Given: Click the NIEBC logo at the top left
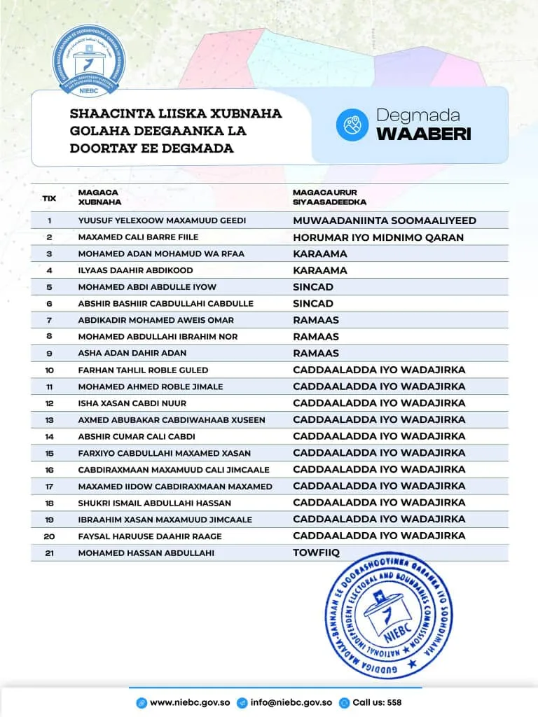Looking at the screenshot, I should (86, 62).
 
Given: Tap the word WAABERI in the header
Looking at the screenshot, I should (423, 134).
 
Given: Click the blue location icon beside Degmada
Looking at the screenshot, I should (352, 125).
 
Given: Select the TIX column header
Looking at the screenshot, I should (49, 198).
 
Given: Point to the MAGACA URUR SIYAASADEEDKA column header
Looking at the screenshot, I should (329, 197).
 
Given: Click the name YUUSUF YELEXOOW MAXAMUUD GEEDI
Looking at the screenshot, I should (162, 221).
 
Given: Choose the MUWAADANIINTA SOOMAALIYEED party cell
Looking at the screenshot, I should (384, 221).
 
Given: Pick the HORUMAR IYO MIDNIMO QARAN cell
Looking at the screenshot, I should (378, 237).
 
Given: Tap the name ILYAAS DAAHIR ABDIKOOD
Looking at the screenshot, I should (135, 270).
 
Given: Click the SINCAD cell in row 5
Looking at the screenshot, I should (312, 287).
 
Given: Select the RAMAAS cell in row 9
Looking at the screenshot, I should (315, 353).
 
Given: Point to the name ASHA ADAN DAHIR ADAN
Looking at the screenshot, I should (132, 353).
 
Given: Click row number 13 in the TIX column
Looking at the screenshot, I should (49, 419).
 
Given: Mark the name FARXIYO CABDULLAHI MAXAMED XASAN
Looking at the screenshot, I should (164, 452).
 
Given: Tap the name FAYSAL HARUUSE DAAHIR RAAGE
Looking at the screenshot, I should (150, 536).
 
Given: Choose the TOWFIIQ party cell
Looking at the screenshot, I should (316, 552).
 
